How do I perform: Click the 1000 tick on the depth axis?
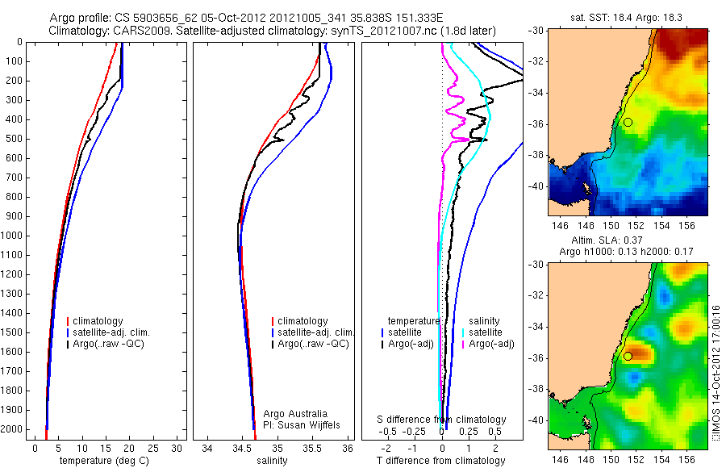(x=14, y=236)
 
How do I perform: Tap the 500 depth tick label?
(x=14, y=139)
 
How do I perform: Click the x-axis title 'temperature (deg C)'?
(x=104, y=461)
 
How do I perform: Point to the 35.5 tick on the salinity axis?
(x=312, y=448)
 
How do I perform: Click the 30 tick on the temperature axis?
(x=177, y=448)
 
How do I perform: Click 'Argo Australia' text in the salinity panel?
(x=295, y=413)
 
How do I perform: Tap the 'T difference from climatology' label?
(x=441, y=461)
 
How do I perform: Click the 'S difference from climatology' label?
(x=442, y=420)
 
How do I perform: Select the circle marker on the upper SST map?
(x=628, y=122)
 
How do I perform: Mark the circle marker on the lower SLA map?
(x=628, y=356)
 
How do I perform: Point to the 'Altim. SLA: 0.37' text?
(x=620, y=241)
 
